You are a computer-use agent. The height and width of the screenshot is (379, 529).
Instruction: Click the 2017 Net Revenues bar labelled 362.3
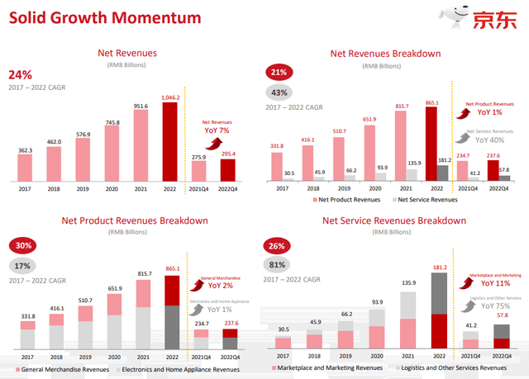[x=25, y=166]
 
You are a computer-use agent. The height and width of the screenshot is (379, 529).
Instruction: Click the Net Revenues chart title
[x=126, y=54]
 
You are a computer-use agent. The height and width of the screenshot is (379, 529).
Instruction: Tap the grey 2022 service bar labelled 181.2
[x=443, y=172]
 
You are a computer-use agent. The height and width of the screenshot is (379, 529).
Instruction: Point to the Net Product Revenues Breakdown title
[x=134, y=220]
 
